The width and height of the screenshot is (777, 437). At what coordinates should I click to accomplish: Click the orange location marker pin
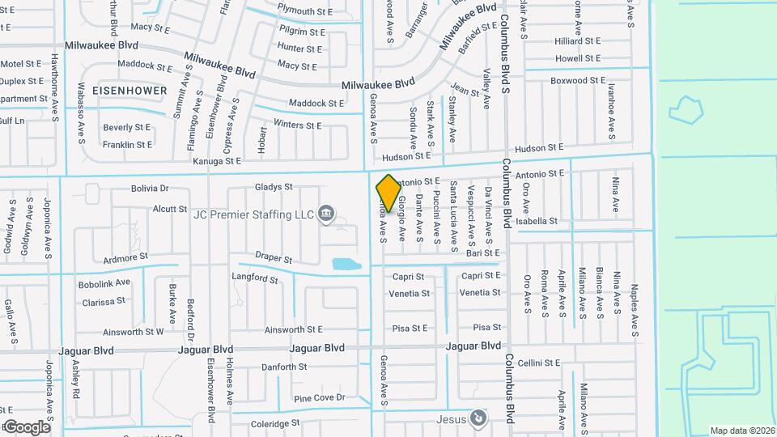coord(388,193)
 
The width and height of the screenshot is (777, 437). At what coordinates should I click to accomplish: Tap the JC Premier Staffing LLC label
coord(253,214)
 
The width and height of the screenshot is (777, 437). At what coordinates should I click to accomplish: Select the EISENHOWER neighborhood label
coord(129,90)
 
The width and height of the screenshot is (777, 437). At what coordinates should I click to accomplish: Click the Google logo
coord(26,426)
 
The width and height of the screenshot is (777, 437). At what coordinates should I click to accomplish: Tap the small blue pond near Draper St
coord(347,263)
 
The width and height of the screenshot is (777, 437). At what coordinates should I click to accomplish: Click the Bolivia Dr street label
coord(150,189)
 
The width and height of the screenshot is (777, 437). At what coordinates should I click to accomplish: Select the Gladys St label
coord(274,187)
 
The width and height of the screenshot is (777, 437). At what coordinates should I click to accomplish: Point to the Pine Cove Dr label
coord(320,398)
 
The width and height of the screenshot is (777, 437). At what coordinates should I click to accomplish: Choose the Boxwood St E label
coord(578,81)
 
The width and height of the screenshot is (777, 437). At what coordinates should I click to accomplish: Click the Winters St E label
coord(297,125)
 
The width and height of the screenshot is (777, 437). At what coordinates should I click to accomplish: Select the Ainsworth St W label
coord(134,331)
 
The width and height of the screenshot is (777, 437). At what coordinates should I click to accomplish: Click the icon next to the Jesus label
coord(479,418)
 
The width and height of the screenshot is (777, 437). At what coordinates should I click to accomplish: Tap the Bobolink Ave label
coord(104,283)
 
